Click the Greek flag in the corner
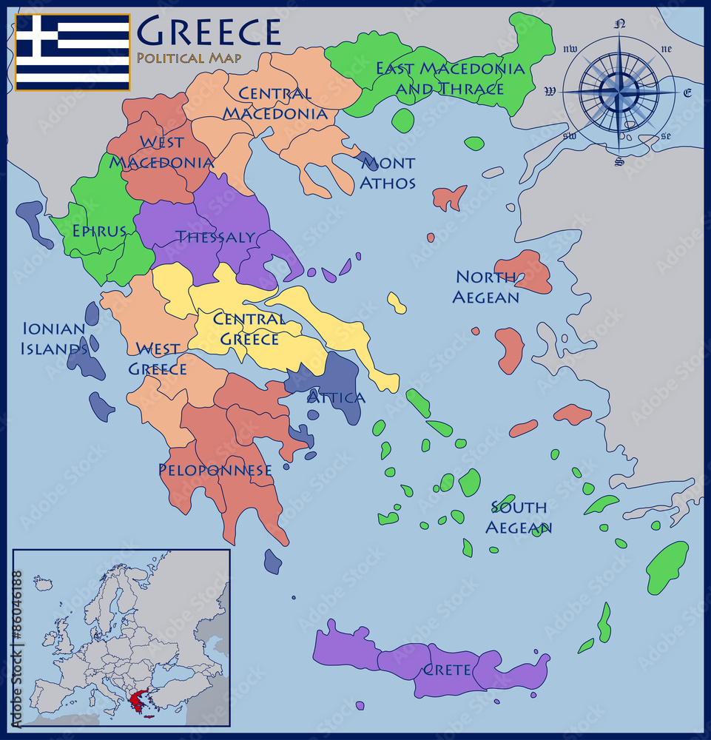[x=73, y=52]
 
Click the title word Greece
[x=209, y=32]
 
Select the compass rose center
[x=618, y=92]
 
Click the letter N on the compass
[x=620, y=24]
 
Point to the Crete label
[x=446, y=670]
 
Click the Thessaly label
[x=215, y=238]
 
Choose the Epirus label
[x=99, y=231]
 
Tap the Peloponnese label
[x=215, y=470]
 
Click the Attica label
[x=336, y=397]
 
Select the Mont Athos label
[x=387, y=172]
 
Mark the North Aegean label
[x=485, y=287]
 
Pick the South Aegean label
[x=519, y=517]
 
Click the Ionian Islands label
[x=55, y=338]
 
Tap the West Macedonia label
[x=162, y=152]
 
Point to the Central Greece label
[x=248, y=329]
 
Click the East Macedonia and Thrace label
[x=450, y=78]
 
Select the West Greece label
[x=158, y=358]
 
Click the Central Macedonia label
[x=275, y=104]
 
